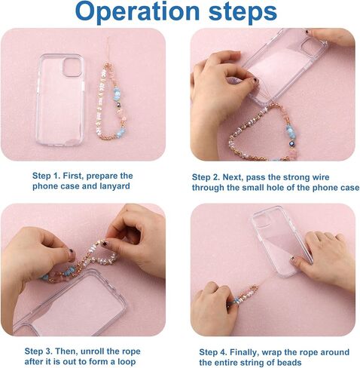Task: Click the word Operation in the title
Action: pos(137,12)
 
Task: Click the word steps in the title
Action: pos(243,11)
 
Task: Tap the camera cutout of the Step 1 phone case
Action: pos(72,67)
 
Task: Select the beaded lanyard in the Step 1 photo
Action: pos(111,100)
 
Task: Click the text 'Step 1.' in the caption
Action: pos(46,176)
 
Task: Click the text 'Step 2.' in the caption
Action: pos(206,177)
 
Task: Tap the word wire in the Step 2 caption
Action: pos(321,177)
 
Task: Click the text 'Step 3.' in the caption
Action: pos(38,351)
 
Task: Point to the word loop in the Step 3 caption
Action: pos(127,362)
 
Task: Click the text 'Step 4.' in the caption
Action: pos(213,352)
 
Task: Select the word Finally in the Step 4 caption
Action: pos(244,352)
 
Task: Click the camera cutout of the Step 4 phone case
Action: pos(262,218)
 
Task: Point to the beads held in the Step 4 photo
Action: pos(243,296)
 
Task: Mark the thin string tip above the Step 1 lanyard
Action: pos(108,38)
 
